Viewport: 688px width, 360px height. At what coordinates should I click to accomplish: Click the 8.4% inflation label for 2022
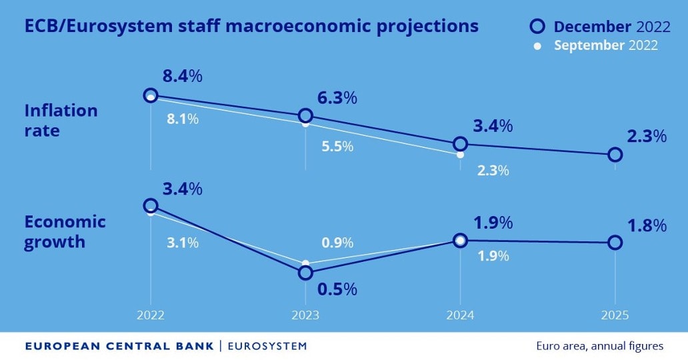[182, 76]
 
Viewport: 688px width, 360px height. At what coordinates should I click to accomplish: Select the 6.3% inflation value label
[337, 97]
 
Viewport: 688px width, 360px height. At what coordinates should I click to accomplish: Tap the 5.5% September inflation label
[337, 147]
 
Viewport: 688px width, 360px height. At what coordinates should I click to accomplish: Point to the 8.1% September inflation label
[182, 120]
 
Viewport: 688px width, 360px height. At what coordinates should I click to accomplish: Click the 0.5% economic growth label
[337, 289]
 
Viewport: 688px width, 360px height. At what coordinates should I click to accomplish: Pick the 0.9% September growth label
[337, 243]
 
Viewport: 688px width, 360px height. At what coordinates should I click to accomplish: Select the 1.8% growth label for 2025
[647, 225]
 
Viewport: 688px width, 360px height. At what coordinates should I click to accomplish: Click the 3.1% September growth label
[182, 243]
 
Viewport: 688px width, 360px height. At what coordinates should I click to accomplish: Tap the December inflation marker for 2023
[305, 116]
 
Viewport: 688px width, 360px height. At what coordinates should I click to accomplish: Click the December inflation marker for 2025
[615, 155]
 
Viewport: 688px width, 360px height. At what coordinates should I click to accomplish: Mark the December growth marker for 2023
[305, 273]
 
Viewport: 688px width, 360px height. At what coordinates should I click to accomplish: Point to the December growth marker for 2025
[615, 243]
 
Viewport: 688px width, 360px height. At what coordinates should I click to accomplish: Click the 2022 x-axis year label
[150, 315]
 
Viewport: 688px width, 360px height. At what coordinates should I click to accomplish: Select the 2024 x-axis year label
[460, 315]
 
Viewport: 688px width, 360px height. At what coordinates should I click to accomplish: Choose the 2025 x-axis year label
[615, 315]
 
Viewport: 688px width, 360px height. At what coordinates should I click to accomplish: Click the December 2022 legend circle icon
[537, 27]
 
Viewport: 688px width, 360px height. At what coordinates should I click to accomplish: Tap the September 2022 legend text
[606, 45]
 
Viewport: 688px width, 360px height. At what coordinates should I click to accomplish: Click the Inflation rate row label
[61, 120]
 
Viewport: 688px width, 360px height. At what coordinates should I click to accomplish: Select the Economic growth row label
[65, 231]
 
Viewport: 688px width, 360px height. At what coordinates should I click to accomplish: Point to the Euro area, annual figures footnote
[599, 346]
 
